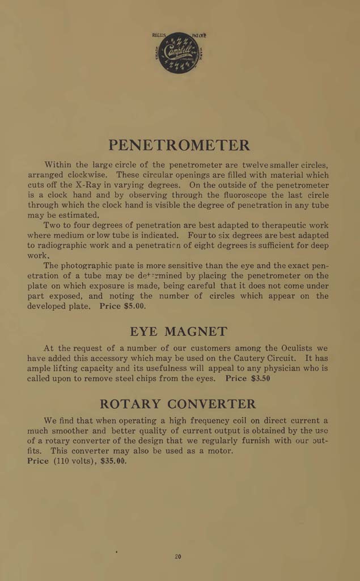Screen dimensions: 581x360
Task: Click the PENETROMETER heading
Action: coord(179,145)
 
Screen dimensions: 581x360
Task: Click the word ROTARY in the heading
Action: coord(131,404)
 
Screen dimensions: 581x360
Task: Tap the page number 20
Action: coord(177,557)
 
